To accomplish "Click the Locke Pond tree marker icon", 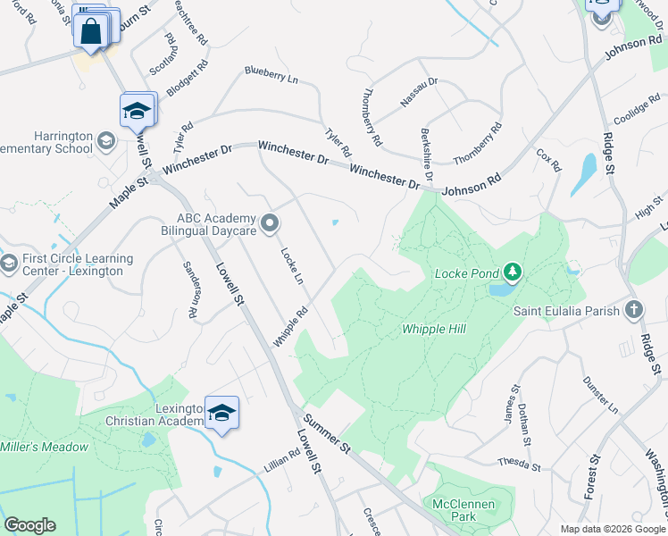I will coord(512,271).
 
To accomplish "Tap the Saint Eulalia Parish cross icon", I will coord(634,310).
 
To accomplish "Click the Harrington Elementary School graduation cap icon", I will coord(105,141).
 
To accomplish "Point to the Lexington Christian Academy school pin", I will coord(221,413).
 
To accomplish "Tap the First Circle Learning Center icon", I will coord(10,264).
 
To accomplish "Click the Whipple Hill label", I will coord(434,330).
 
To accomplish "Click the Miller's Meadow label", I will coord(45,447).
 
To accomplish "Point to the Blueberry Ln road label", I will coord(271,76).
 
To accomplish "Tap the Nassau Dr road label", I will coord(419,93).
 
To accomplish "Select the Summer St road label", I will coord(325,431).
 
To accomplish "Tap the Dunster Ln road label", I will coord(600,394).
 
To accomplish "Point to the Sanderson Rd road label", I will coord(190,289).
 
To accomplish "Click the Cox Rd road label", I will coord(548,160).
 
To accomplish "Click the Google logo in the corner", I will coord(29,525).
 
